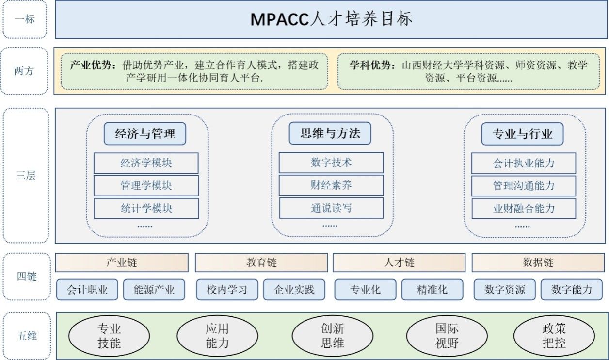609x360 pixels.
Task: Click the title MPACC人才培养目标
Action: (332, 19)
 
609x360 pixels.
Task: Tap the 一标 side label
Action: (25, 19)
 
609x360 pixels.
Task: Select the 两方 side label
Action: (24, 71)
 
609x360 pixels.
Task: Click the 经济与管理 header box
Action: (145, 133)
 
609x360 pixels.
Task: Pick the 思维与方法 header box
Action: (330, 133)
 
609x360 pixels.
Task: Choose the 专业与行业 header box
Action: (522, 134)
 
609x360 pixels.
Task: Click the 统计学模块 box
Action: (146, 209)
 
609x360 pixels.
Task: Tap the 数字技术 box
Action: (331, 163)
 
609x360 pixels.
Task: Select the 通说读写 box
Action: (331, 208)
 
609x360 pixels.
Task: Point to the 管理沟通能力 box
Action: (524, 186)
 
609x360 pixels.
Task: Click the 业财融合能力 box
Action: (524, 209)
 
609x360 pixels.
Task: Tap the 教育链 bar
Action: (261, 262)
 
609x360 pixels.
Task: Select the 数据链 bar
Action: (538, 262)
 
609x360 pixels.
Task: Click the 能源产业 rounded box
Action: (154, 290)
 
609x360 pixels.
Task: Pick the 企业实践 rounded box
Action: (294, 290)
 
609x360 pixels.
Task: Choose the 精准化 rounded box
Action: (433, 290)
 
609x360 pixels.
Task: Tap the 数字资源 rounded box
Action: (505, 290)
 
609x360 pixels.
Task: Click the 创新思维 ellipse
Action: (333, 336)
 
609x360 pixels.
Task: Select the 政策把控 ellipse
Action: (554, 336)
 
